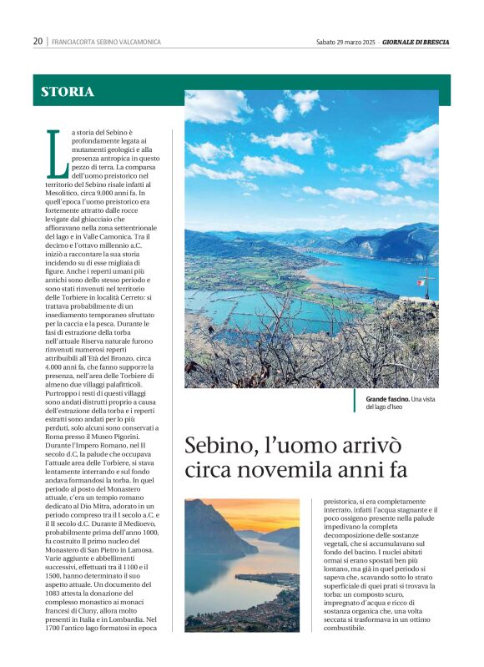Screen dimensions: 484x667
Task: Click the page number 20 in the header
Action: tap(38, 42)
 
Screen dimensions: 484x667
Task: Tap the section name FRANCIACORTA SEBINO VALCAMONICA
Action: tap(106, 42)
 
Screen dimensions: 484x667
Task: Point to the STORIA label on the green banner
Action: tap(68, 92)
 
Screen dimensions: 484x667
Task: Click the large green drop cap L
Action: tap(57, 154)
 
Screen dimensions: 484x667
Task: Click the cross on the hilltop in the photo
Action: tap(426, 279)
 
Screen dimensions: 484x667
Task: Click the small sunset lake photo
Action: tap(242, 564)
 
